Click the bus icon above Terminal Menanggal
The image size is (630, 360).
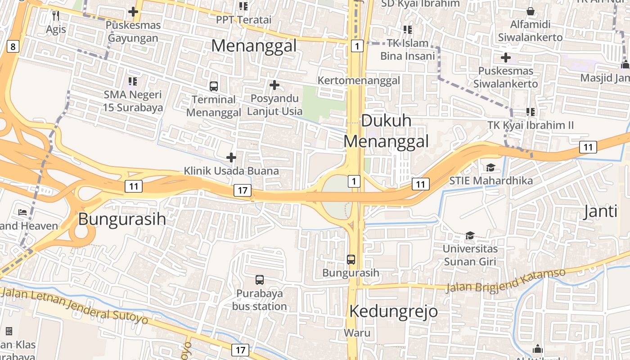(214, 86)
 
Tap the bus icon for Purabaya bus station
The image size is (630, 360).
(260, 279)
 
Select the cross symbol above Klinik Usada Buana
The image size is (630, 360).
(231, 157)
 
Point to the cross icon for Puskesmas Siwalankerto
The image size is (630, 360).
(506, 58)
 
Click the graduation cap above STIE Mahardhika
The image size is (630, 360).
(490, 167)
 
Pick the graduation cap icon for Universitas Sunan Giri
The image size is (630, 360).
(470, 235)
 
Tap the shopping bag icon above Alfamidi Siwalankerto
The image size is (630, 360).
(531, 11)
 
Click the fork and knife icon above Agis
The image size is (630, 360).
(56, 16)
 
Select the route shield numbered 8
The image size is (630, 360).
(13, 46)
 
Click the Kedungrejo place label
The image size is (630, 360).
(393, 311)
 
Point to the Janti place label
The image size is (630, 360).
(600, 211)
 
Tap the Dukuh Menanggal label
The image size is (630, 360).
(386, 131)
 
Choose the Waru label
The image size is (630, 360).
(357, 333)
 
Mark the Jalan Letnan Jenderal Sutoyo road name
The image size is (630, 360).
(74, 306)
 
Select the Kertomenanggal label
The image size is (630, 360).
(359, 81)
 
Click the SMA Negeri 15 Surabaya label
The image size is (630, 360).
(133, 101)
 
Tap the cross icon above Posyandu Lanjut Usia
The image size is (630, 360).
(274, 85)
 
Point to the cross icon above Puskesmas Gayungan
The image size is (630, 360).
(133, 12)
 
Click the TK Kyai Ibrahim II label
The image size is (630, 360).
(531, 125)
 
